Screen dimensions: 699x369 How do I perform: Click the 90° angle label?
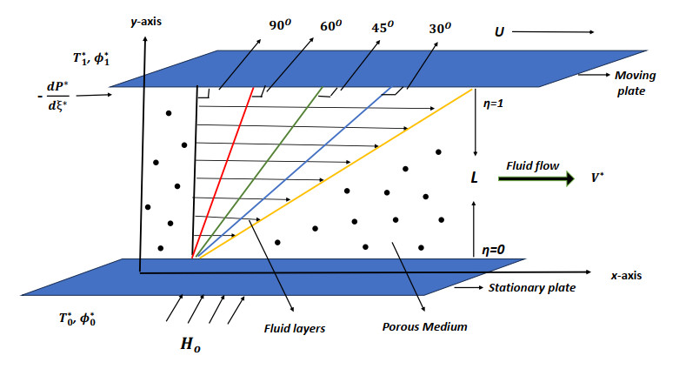[x=280, y=25]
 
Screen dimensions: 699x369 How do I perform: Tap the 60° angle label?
[x=330, y=26]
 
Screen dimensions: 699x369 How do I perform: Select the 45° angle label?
[x=383, y=27]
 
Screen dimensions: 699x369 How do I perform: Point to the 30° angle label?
[x=440, y=28]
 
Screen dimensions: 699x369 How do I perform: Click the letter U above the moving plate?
[x=499, y=32]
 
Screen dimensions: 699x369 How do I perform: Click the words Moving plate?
[x=635, y=83]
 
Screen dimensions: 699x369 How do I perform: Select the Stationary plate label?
[x=532, y=288]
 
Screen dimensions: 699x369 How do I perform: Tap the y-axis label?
[x=146, y=22]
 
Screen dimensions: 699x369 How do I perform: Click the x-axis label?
[x=626, y=276]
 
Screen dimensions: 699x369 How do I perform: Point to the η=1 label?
[x=493, y=104]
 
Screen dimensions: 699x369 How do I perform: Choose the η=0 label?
[x=493, y=250]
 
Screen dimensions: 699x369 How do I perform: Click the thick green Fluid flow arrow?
[x=536, y=178]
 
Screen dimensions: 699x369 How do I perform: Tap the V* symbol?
[x=597, y=178]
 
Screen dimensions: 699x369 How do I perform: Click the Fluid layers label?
[x=294, y=329]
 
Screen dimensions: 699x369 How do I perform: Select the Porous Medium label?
[x=424, y=326]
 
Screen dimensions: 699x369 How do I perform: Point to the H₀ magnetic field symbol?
[x=190, y=345]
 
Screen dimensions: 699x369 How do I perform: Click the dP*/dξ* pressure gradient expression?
[x=56, y=95]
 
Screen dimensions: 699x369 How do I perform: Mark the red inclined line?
[x=223, y=172]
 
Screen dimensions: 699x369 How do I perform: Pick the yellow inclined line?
[x=336, y=173]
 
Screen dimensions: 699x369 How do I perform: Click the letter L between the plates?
[x=475, y=178]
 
